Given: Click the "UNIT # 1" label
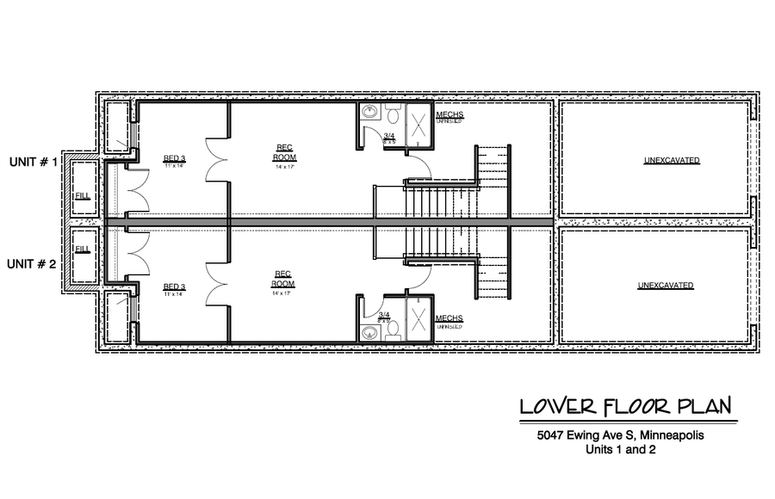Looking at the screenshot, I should [34, 162].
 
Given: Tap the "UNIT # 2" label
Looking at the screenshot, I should [34, 264].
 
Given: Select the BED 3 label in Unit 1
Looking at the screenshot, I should [174, 158].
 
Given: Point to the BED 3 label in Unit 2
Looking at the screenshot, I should [174, 286].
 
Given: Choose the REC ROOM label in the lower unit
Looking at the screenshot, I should [283, 279].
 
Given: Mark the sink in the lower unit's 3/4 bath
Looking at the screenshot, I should [371, 331].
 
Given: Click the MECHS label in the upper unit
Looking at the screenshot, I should [449, 114].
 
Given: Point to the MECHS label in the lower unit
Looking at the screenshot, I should [449, 318].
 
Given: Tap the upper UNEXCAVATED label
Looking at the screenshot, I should [671, 160].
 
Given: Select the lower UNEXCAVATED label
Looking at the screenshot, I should [666, 285].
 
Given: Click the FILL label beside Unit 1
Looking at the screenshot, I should [83, 197].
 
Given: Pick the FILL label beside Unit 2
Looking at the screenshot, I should [83, 249].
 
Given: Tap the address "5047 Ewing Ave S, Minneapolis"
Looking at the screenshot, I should [618, 435].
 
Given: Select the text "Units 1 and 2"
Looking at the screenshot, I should [618, 449].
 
